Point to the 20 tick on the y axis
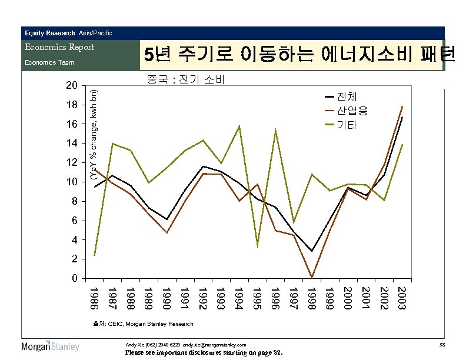71,86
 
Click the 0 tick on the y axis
74,278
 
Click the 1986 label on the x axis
95,298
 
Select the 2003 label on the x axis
402,298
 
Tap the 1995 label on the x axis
257,298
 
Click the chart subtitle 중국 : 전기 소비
186,79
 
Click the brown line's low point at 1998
311,277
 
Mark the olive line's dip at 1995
258,245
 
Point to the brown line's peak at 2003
402,106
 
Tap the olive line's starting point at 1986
95,255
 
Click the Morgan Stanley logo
50,346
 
